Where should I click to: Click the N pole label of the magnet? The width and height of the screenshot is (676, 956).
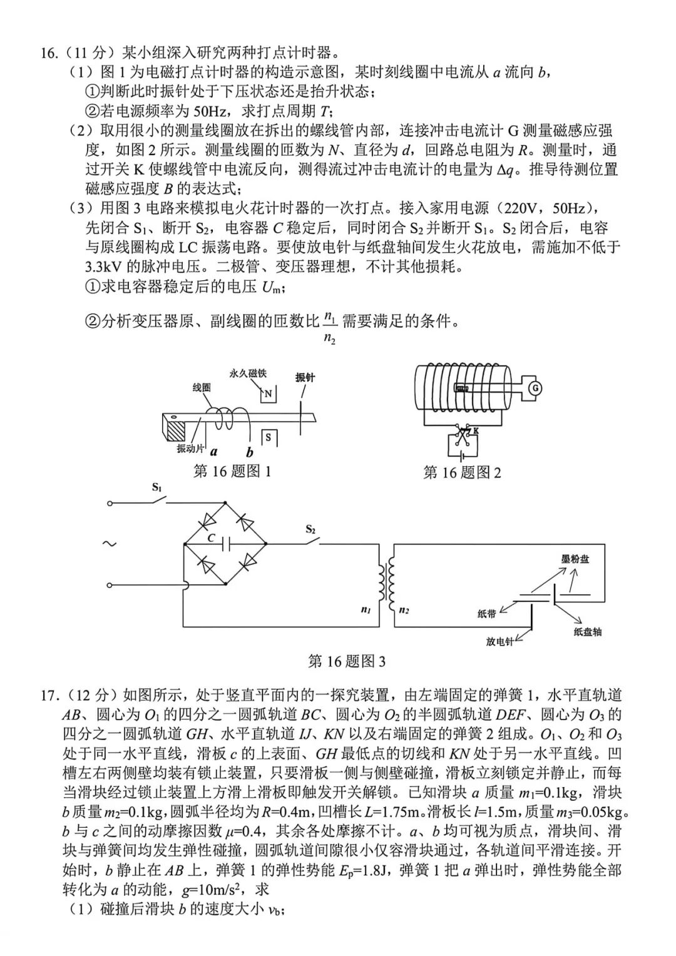pyautogui.click(x=268, y=394)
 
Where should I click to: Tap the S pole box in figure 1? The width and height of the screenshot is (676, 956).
pyautogui.click(x=268, y=437)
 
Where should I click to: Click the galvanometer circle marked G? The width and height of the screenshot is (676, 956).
pyautogui.click(x=535, y=388)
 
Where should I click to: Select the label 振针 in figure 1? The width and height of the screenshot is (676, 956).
pyautogui.click(x=305, y=377)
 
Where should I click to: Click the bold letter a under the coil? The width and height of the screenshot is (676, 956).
pyautogui.click(x=214, y=451)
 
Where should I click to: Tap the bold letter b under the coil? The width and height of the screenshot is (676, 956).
pyautogui.click(x=250, y=452)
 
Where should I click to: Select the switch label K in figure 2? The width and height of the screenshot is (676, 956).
pyautogui.click(x=476, y=431)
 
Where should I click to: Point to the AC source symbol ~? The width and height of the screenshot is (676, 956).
pyautogui.click(x=110, y=544)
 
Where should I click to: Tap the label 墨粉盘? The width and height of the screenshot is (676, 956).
pyautogui.click(x=574, y=559)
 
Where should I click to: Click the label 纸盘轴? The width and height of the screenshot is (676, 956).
pyautogui.click(x=587, y=632)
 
